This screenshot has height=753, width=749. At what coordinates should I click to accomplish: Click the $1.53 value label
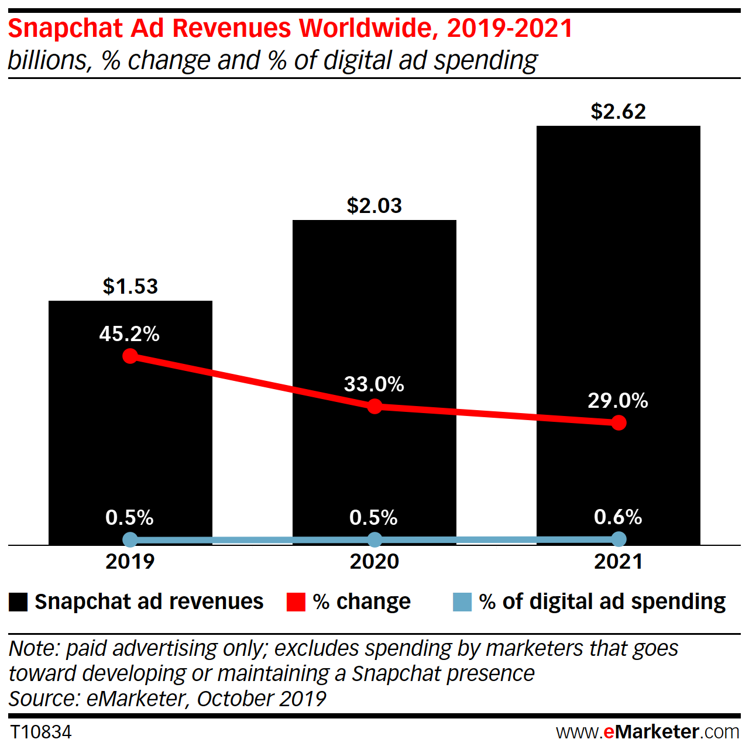pos(130,286)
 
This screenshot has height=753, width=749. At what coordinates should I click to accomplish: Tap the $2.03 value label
pos(374,205)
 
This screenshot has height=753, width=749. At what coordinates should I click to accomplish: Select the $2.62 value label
pos(618,111)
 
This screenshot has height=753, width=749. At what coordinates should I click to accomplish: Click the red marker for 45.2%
pos(130,356)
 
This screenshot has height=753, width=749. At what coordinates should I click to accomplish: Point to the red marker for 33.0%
pos(374,406)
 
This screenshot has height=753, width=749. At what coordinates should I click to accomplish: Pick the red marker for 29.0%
pos(619,422)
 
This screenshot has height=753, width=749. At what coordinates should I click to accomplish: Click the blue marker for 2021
pos(619,539)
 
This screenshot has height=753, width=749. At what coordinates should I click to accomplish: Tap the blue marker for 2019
pos(130,539)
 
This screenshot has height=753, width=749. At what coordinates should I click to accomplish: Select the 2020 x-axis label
pos(374,562)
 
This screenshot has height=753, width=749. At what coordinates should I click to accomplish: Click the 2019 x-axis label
pos(130,562)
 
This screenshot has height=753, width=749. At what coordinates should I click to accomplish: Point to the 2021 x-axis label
pos(618,562)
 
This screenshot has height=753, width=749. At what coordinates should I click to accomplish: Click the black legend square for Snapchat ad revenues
pos(18,602)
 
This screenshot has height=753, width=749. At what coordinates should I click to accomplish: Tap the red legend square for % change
pos(296,602)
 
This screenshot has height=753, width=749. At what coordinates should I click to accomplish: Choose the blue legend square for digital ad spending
pos(462,602)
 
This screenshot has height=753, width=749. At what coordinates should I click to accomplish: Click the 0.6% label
pos(618,517)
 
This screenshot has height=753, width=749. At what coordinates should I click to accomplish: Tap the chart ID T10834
pos(41,732)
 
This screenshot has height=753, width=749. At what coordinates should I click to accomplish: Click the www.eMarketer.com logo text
pos(647,732)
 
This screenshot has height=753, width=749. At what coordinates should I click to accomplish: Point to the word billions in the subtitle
pos(50,61)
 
